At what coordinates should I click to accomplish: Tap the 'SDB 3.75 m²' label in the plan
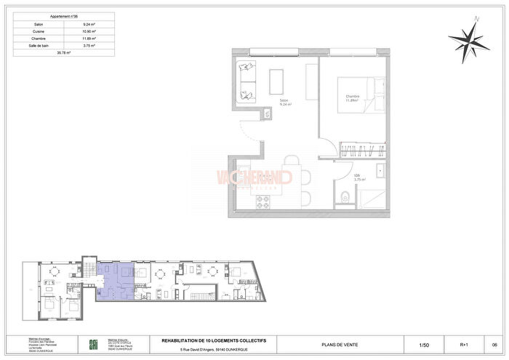358,177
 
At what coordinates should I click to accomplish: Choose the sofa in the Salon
247,81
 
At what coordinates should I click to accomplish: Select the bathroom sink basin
381,173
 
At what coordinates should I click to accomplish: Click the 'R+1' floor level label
463,344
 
